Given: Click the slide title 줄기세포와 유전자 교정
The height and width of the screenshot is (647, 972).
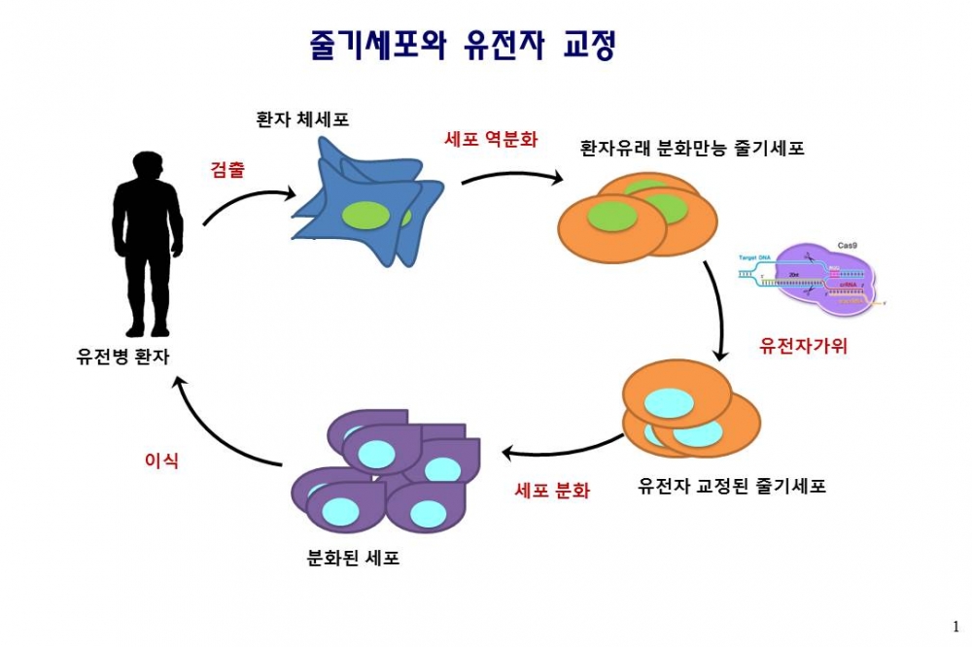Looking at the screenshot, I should (462, 45).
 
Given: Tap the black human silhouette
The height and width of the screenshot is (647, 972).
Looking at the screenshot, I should (147, 243).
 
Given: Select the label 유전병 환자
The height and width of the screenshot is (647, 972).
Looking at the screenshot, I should (123, 357).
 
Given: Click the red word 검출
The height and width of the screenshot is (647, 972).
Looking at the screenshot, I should (227, 168).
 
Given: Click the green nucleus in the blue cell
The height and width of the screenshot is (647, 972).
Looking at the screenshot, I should (365, 215).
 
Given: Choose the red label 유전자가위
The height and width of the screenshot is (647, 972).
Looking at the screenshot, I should (804, 345).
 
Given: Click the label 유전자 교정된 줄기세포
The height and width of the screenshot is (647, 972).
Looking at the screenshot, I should (732, 486).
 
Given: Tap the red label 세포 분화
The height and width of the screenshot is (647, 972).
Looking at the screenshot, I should (552, 491).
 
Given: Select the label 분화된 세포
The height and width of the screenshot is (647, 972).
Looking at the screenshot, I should (353, 558).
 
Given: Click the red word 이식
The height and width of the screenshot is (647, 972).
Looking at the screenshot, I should (161, 460).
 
